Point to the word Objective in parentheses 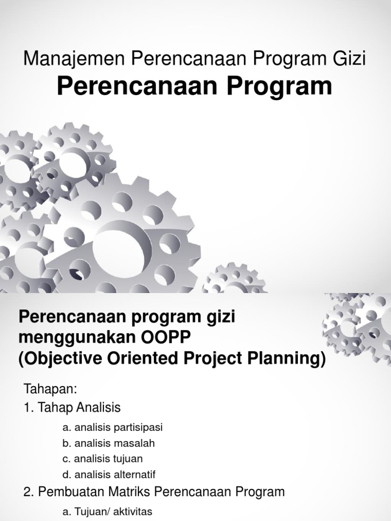pyautogui.click(x=59, y=359)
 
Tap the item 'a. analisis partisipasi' pyautogui.click(x=113, y=427)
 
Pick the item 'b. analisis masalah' pyautogui.click(x=108, y=443)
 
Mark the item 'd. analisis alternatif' pyautogui.click(x=109, y=474)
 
